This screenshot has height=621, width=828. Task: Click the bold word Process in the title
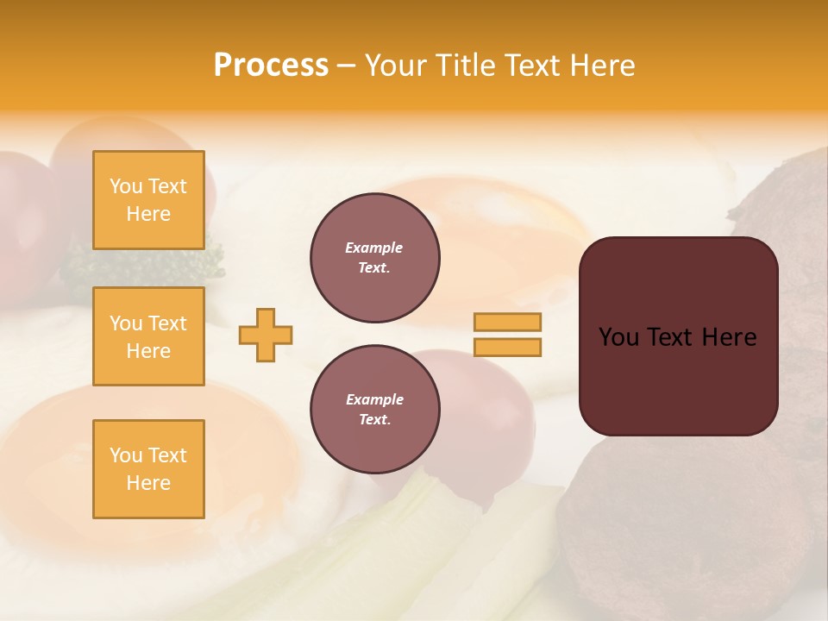click(271, 66)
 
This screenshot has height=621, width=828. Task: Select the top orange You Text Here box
click(148, 200)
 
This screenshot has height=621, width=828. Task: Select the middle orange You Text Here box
click(148, 336)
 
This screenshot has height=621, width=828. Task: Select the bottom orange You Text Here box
click(148, 468)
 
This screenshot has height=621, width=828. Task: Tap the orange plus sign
click(266, 335)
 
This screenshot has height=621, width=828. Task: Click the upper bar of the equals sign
click(507, 323)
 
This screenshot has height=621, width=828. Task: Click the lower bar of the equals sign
click(507, 348)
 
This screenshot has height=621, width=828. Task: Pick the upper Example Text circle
click(375, 258)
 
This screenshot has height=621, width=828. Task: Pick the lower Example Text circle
click(375, 410)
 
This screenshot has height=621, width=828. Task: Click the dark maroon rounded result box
click(679, 379)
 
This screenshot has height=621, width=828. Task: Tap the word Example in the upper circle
click(374, 248)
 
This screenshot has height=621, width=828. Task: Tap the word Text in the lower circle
click(373, 420)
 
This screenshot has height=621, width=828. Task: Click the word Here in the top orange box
click(148, 214)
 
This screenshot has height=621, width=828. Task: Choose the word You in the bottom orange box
click(126, 455)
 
